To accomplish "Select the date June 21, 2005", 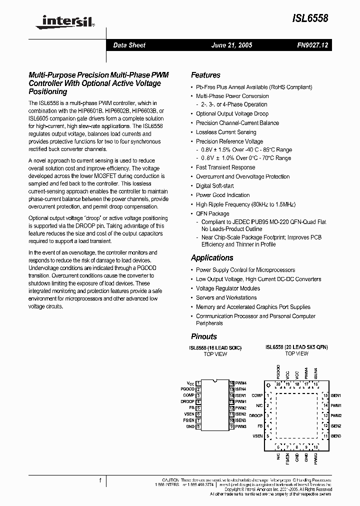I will (232, 45).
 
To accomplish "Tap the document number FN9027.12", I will (312, 45).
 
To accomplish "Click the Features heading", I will (205, 75).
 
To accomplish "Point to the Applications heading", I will (212, 258).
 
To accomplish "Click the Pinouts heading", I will (204, 336).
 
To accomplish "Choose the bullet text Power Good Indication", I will (222, 195).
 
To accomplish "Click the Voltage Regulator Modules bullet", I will (228, 288).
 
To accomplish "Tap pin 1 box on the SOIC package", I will (198, 383).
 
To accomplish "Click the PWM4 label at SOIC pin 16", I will (241, 383).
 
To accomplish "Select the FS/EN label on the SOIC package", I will (188, 420).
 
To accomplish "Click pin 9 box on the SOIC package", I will (232, 426).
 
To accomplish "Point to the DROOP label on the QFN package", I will (256, 415).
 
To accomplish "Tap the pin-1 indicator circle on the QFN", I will (268, 385).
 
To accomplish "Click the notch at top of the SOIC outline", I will (215, 381).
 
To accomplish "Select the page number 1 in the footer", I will (100, 480).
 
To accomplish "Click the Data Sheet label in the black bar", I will (129, 45).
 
